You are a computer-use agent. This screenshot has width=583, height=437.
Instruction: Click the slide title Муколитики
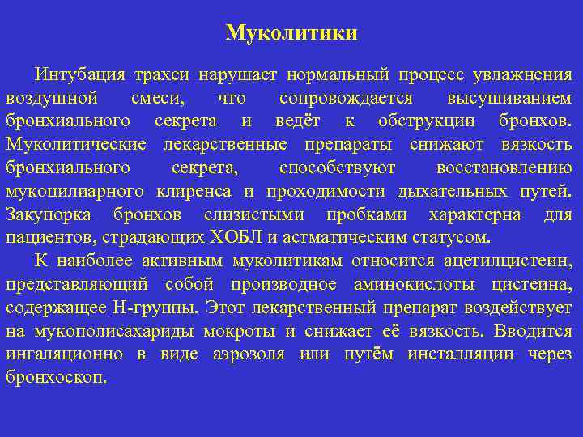coord(291,33)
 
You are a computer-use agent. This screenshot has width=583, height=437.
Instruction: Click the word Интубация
coord(79,75)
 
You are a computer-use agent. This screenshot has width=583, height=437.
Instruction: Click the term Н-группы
coord(165,308)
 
